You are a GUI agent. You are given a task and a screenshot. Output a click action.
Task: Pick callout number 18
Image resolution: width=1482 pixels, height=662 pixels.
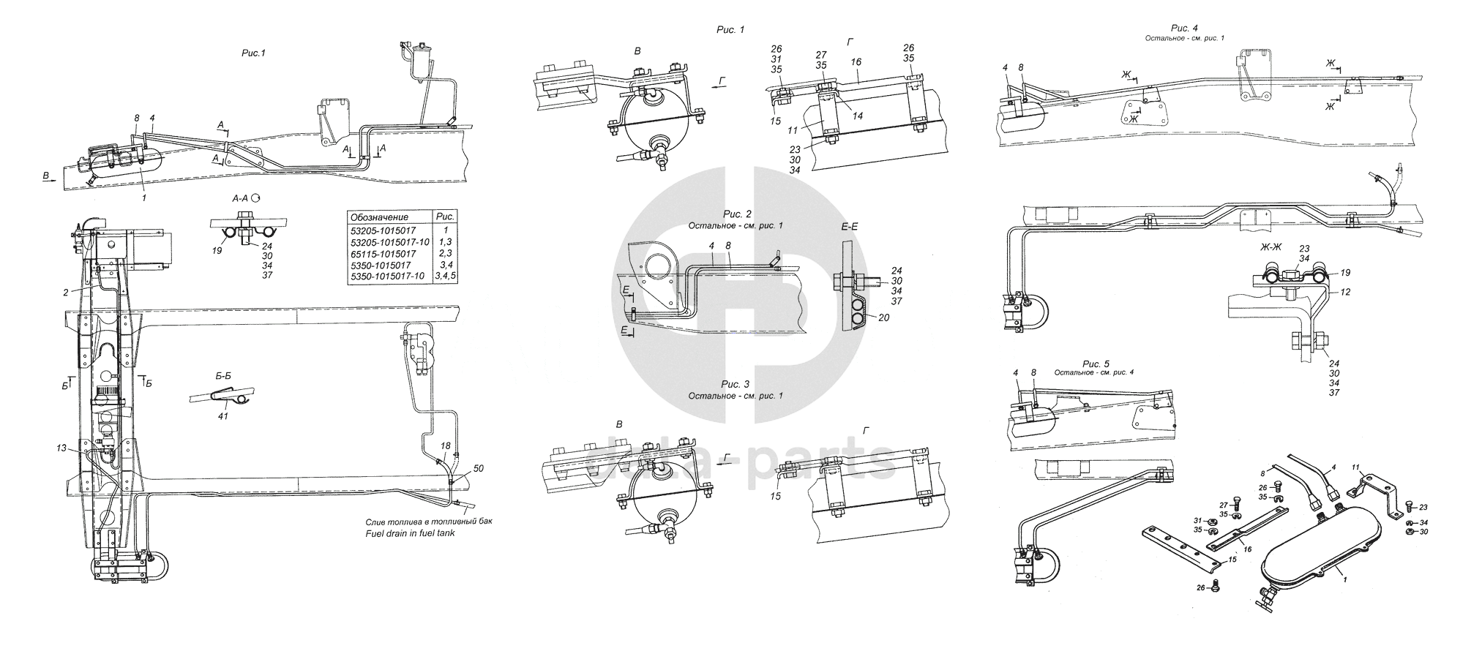445,445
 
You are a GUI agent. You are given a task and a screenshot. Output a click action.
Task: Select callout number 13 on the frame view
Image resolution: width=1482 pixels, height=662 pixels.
61,448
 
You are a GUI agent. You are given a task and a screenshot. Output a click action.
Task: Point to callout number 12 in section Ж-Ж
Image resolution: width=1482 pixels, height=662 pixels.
1344,292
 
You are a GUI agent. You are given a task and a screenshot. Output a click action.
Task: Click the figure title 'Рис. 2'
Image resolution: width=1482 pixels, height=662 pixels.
737,214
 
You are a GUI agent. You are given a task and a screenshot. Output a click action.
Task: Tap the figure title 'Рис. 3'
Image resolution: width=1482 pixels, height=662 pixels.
736,384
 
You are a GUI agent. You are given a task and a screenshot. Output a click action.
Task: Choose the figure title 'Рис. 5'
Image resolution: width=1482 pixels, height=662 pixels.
1096,364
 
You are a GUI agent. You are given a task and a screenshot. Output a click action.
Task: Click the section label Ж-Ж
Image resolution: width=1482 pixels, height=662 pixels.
1270,249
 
